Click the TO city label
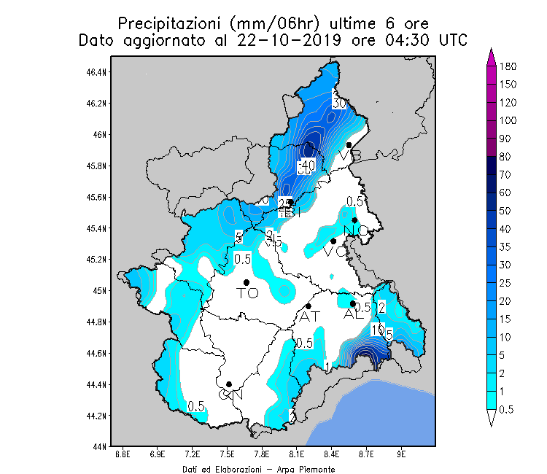pos(248,293)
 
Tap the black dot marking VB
pos(349,145)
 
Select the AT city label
pos(309,316)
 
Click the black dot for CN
pos(229,384)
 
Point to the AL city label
pos(353,314)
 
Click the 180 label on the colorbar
pos(508,66)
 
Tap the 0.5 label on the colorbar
pos(507,409)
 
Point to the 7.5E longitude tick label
pos(227,454)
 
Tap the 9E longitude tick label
pos(401,454)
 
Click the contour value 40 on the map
pos(307,166)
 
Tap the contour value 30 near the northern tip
pos(338,104)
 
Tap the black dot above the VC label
pos(333,241)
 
